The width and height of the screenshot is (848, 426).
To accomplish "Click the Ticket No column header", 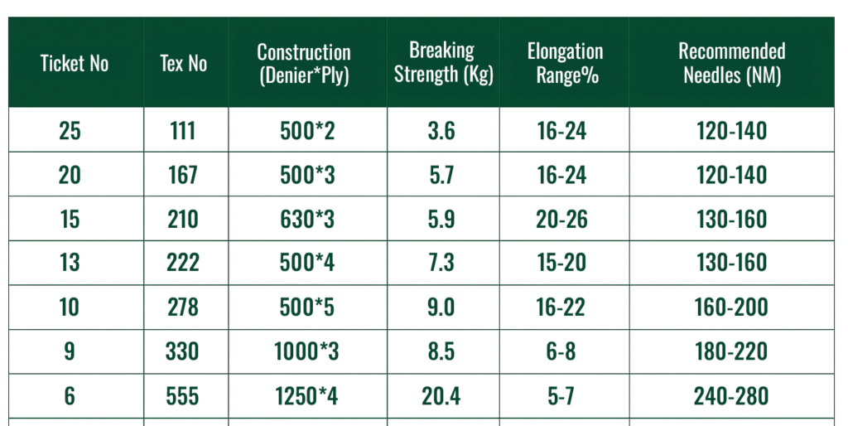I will pos(75,64).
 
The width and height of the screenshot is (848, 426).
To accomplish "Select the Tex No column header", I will pos(183,64).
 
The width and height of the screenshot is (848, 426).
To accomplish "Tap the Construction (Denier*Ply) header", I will pos(304,64).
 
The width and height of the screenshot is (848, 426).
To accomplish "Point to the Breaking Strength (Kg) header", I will pos(443,62).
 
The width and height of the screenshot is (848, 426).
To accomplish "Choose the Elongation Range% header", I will pos(565,64).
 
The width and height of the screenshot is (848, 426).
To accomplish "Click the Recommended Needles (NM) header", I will pos(732,64).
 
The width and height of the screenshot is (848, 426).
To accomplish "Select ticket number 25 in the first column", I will pos(70,131).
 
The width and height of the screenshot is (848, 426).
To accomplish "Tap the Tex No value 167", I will pos(182,176).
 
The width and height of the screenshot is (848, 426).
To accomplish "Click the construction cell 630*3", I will pos(306,220).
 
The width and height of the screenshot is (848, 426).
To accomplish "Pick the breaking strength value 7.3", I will pos(441,264).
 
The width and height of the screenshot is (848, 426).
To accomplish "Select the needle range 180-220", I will pos(731,351).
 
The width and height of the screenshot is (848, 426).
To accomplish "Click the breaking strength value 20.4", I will pos(441,396).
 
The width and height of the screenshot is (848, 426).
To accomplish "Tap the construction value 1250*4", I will pos(306,396).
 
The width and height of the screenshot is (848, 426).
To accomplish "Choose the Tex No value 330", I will pos(182,351).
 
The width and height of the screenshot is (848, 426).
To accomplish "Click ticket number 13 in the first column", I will pos(70,264).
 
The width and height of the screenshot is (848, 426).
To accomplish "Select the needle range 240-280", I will pos(731,396).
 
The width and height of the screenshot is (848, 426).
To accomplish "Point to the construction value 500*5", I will pos(306,307).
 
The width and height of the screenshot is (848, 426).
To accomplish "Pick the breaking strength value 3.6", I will pos(441,131).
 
